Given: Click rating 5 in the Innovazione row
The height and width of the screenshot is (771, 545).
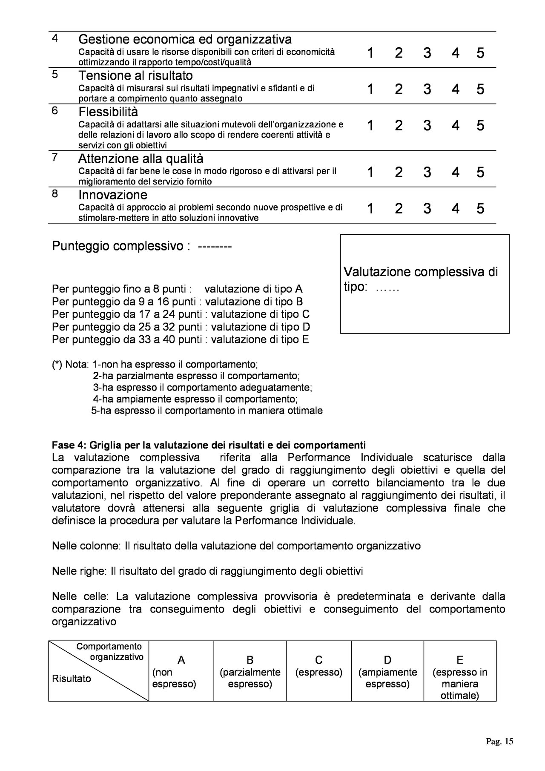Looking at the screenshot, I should point(480,208).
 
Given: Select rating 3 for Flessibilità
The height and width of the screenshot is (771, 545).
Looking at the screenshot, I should point(427,126).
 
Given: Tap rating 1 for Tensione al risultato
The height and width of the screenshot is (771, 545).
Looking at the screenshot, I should point(370,89).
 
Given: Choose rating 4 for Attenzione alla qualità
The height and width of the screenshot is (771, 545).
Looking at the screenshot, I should point(456,172).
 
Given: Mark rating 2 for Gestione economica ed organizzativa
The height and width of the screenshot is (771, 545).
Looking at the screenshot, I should point(399,53).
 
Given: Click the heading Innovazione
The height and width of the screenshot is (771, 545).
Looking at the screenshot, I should point(113,195).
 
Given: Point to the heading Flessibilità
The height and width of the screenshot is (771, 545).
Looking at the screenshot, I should point(108,112).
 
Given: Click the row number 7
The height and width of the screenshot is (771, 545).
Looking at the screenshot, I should point(55,157).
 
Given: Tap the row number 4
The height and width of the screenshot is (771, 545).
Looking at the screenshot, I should point(55,38).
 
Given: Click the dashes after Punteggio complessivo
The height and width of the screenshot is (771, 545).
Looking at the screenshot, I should point(215,247).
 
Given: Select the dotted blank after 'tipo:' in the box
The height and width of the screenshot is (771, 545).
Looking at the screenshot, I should point(387,288).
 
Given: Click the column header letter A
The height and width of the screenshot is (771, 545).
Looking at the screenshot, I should point(181,660).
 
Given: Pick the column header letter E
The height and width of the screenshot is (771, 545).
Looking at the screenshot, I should point(460,660).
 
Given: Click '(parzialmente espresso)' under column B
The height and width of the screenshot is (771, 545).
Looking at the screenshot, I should point(250,678).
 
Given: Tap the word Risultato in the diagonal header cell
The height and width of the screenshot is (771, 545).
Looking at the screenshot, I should point(72,679).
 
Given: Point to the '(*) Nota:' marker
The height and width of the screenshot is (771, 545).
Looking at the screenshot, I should point(70,365).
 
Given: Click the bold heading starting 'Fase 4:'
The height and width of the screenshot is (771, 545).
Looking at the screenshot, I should point(209,446).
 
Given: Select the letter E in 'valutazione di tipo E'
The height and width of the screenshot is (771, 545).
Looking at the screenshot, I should point(305,339).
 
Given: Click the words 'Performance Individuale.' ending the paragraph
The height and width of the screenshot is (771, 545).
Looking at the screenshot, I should point(295,521).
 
